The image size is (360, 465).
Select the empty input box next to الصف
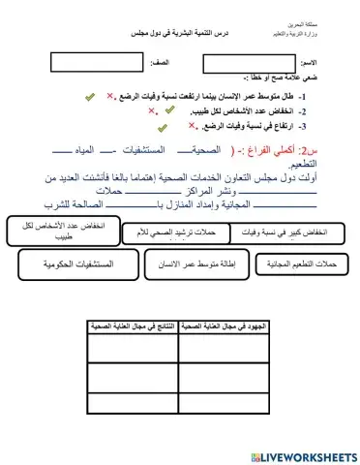(88, 62)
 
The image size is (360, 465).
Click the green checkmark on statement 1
(90, 98)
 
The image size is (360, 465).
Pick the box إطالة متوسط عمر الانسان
(194, 263)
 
